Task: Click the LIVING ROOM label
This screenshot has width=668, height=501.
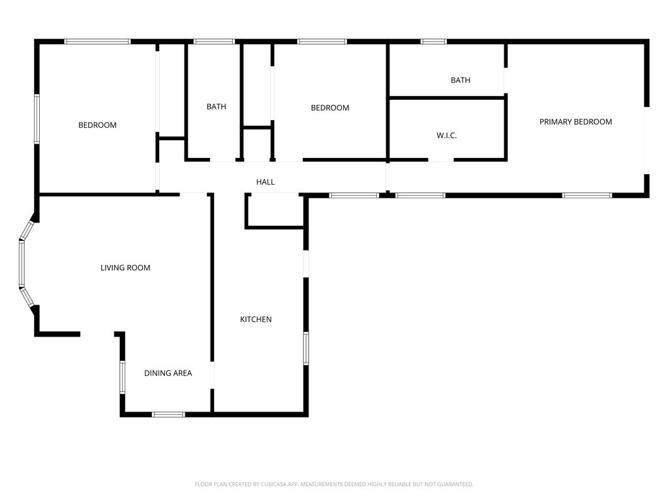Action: coord(125,268)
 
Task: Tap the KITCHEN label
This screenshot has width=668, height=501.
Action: coord(256,320)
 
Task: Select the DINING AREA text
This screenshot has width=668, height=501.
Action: coord(168,373)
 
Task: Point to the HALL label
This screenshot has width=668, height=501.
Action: coord(266,182)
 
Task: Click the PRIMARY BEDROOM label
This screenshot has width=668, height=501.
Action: coord(575,122)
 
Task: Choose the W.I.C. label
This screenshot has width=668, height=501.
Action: coord(446,136)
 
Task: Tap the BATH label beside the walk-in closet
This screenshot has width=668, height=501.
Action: coord(461,80)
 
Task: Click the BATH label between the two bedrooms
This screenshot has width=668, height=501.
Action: coord(217,106)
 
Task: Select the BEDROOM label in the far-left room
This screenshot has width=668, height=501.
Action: coord(98,125)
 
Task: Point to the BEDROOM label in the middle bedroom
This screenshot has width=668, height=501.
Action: coord(330,108)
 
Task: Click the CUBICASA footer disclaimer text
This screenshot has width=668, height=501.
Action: coord(334,485)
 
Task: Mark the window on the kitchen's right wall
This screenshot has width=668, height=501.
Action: coord(306,348)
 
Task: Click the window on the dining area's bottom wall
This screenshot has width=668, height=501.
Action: coord(169,414)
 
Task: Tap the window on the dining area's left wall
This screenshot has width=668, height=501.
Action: coord(122,377)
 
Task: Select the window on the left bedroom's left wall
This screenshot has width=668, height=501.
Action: coord(37,119)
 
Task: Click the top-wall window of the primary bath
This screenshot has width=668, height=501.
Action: coord(433,42)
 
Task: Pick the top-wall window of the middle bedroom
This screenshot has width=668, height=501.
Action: coord(322,42)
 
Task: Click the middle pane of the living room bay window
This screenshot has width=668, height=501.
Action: coord(22,264)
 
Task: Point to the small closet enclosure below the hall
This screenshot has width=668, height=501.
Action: coord(275,211)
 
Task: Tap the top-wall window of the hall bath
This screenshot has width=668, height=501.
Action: coord(214,42)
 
